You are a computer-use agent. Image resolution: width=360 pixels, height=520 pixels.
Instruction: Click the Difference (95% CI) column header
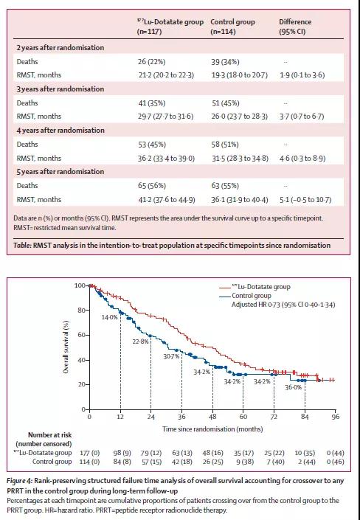tap(295, 27)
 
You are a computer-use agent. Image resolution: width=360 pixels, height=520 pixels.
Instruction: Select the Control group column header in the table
tap(232, 27)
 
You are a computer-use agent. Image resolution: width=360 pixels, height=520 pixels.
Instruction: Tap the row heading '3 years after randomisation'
tap(60, 89)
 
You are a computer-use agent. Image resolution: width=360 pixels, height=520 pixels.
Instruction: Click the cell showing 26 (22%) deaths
tap(152, 62)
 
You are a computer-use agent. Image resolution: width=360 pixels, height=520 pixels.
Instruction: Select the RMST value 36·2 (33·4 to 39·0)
tap(166, 158)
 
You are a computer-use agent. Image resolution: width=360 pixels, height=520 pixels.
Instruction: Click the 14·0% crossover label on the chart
tap(109, 317)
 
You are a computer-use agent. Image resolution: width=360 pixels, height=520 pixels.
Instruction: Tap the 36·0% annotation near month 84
tap(294, 387)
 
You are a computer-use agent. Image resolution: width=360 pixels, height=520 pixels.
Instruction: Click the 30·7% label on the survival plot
tap(172, 356)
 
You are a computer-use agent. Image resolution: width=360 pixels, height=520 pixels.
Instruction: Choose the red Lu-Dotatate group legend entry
tap(255, 286)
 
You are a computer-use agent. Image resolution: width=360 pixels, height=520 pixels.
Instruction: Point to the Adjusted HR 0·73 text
tap(283, 305)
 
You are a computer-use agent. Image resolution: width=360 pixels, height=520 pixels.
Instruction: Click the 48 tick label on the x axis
tap(212, 417)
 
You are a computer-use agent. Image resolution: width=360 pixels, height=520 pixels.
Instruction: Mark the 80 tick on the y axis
tap(82, 311)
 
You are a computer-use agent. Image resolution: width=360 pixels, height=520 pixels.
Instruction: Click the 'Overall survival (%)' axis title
tap(66, 347)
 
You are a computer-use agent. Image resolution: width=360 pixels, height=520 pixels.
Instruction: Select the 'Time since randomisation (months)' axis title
tap(212, 429)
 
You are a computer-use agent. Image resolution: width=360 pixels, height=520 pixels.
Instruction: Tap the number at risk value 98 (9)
tap(122, 453)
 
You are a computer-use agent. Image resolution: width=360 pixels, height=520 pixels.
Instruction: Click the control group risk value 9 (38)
tap(245, 462)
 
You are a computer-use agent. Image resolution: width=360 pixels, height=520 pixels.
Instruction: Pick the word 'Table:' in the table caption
tap(22, 246)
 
